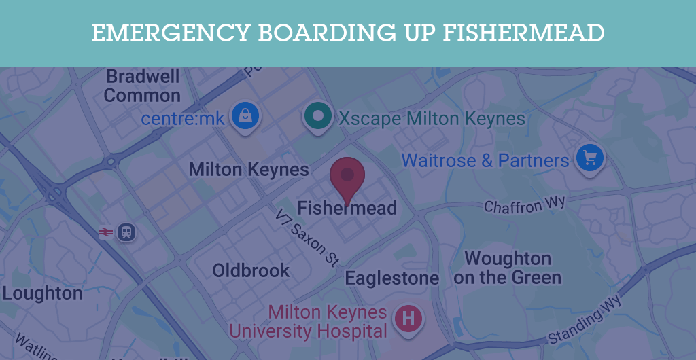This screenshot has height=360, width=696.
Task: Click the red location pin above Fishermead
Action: tap(347, 177)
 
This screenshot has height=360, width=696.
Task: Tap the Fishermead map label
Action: tap(347, 208)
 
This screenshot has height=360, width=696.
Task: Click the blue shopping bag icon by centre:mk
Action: tap(245, 116)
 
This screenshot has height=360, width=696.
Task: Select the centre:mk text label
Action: tap(183, 119)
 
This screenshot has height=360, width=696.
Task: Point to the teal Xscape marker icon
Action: tap(317, 115)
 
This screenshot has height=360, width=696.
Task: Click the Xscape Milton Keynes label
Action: tap(432, 119)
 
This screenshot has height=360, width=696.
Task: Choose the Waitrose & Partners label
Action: tap(485, 161)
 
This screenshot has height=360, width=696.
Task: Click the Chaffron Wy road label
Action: tap(524, 204)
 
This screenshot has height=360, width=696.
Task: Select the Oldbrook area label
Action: tap(251, 270)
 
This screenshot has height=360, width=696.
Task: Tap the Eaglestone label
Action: tap(391, 278)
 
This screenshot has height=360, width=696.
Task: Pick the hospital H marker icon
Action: tap(408, 318)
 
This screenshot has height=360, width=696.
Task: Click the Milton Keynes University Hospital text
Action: tap(317, 322)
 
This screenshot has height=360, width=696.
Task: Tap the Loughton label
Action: tap(42, 293)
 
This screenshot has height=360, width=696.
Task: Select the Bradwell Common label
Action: tap(142, 86)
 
